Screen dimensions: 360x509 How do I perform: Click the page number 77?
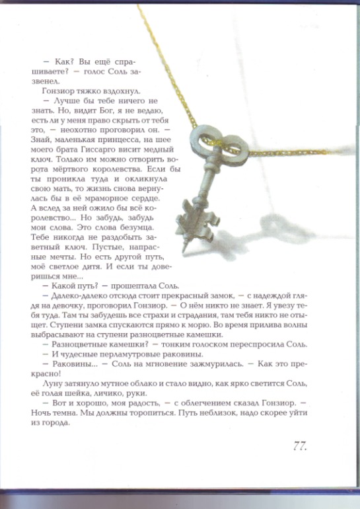[299, 446]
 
